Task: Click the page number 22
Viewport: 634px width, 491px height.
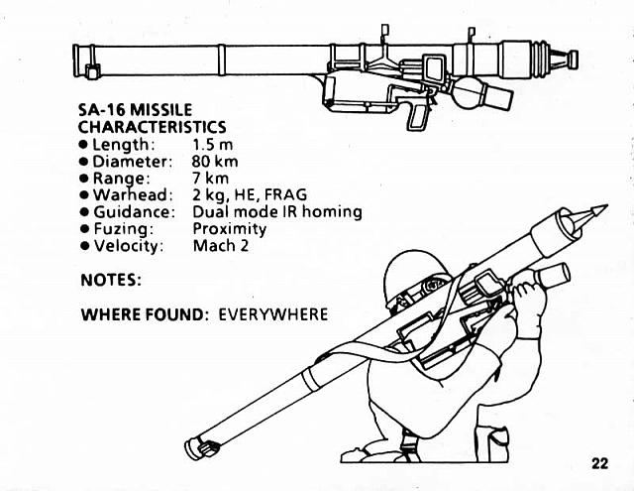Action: click(x=600, y=462)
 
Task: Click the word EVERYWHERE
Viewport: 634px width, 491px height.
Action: click(x=272, y=314)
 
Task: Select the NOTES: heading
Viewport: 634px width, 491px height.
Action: click(x=111, y=281)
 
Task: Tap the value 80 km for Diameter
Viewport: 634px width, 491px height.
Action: click(x=215, y=161)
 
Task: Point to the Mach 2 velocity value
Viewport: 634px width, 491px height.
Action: click(x=220, y=245)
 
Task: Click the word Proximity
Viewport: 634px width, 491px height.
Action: click(x=229, y=228)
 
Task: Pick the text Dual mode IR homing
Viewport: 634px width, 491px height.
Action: click(x=276, y=211)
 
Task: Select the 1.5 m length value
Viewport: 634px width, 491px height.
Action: click(x=212, y=144)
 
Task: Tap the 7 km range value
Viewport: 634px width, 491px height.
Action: click(x=210, y=178)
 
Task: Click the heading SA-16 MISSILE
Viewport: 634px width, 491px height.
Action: click(x=135, y=109)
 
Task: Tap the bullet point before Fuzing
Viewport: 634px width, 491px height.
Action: click(x=83, y=229)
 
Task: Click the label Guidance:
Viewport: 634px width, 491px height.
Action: click(x=134, y=211)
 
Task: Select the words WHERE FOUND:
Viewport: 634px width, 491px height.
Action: click(x=144, y=314)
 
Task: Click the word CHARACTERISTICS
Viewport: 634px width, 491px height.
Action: click(x=152, y=127)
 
